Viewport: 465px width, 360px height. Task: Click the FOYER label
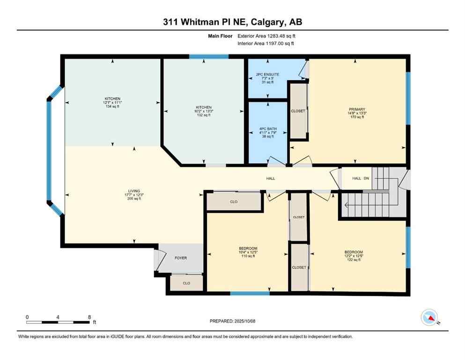click(x=181, y=258)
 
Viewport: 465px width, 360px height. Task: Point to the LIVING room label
click(x=134, y=191)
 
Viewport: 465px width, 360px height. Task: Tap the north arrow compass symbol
click(x=429, y=317)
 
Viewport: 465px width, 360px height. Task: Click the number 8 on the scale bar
click(x=89, y=317)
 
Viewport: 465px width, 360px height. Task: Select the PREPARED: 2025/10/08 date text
click(x=232, y=321)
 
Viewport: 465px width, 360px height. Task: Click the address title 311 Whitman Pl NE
click(x=232, y=22)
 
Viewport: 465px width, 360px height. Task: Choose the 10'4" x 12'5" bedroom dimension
click(x=248, y=252)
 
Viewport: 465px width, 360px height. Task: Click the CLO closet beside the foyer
click(x=186, y=283)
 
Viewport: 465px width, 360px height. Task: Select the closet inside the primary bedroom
click(x=298, y=111)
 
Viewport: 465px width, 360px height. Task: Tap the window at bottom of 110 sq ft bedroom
click(x=250, y=293)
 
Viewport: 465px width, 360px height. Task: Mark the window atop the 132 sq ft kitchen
click(x=209, y=57)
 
